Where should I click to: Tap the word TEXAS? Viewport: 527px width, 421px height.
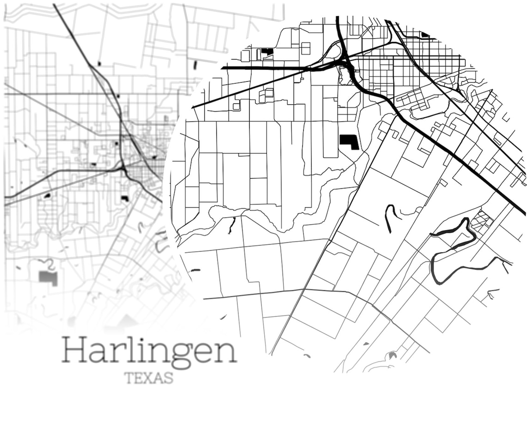[149, 378]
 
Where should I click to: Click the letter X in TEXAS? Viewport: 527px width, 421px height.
[148, 378]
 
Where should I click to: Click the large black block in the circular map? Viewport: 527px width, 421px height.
[349, 141]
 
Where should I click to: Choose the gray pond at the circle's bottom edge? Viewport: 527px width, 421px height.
[392, 355]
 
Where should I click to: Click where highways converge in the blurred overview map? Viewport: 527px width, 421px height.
[123, 170]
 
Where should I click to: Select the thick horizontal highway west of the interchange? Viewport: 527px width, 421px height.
[263, 68]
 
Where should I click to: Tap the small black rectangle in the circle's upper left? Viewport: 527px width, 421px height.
[267, 51]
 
